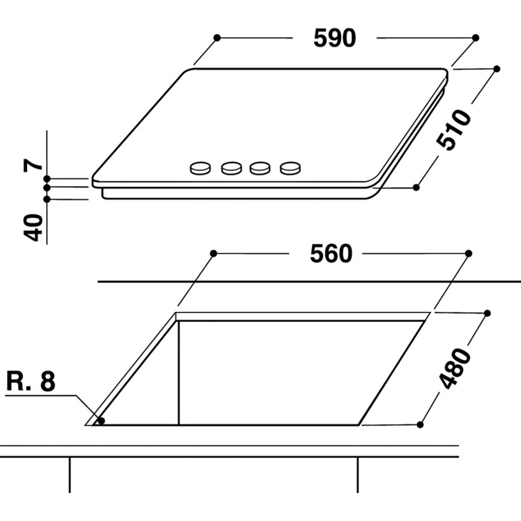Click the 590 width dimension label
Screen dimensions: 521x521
click(335, 38)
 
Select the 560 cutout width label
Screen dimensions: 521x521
click(331, 254)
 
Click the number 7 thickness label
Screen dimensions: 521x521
click(33, 165)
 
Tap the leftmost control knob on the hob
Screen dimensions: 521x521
click(200, 168)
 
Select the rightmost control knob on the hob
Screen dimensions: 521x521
click(290, 168)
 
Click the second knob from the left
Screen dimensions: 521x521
click(231, 168)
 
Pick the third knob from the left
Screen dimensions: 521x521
click(260, 168)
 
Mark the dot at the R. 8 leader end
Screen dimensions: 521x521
click(101, 421)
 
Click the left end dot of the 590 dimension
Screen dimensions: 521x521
click(217, 38)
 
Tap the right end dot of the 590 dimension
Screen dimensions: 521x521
click(476, 38)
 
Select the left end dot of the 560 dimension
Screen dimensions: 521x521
click(213, 253)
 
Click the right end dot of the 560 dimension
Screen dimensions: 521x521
click(469, 253)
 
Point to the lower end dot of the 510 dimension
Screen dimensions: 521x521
click(416, 187)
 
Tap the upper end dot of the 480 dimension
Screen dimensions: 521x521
click(487, 313)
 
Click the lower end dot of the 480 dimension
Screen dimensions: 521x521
click(420, 425)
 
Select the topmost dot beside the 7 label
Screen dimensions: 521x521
click(47, 178)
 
